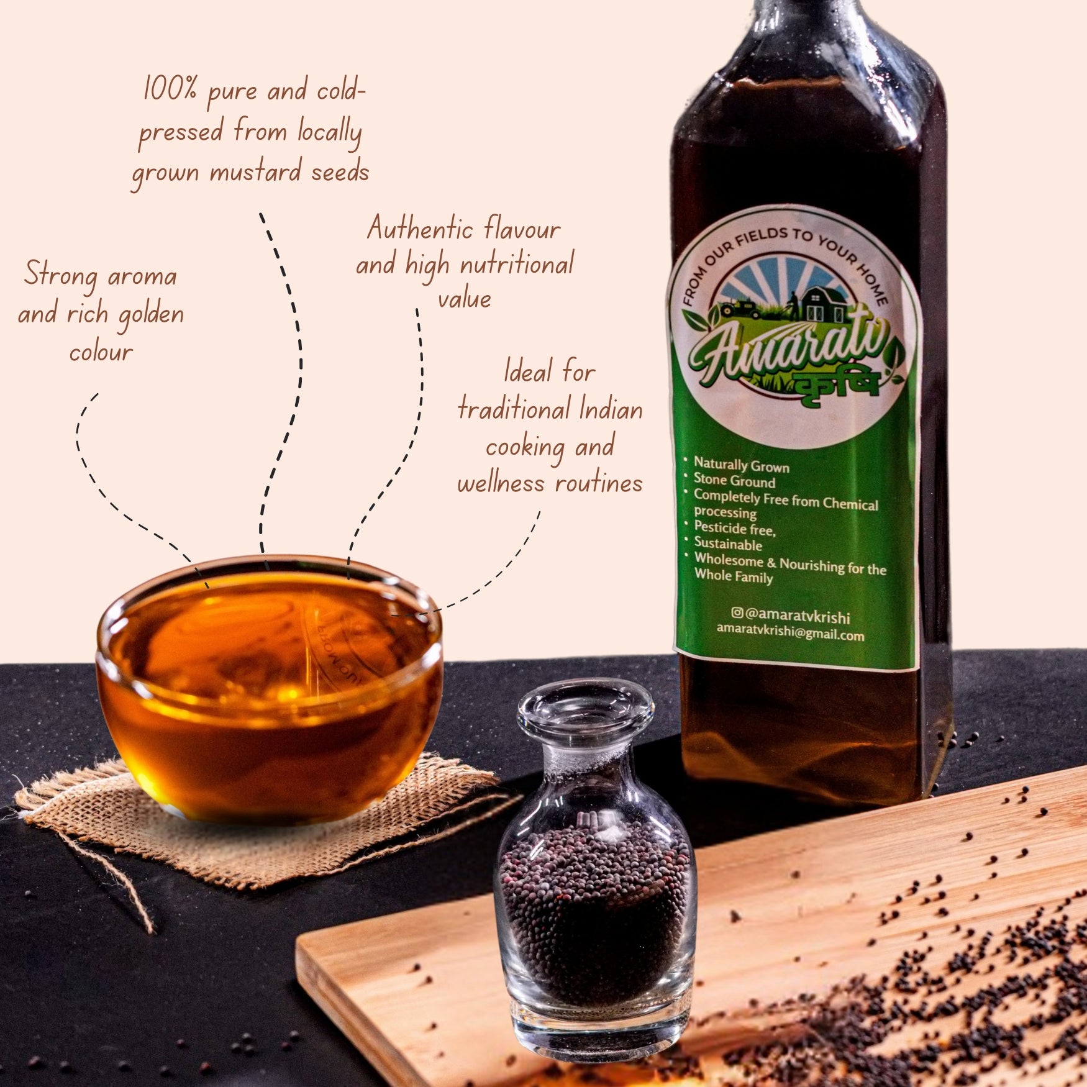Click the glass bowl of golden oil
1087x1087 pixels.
pyautogui.click(x=269, y=686)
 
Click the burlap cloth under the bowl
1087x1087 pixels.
pyautogui.click(x=261, y=820)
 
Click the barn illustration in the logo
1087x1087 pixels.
pyautogui.click(x=822, y=303)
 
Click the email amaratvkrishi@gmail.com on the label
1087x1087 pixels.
pyautogui.click(x=790, y=632)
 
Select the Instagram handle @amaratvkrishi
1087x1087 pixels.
pyautogui.click(x=790, y=615)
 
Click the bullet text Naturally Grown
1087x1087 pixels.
pyautogui.click(x=741, y=465)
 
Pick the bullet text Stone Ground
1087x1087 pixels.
pyautogui.click(x=734, y=481)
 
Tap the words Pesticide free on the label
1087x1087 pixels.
pyautogui.click(x=734, y=529)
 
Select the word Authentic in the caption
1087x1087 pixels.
pyautogui.click(x=420, y=229)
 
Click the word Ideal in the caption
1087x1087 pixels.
pyautogui.click(x=527, y=371)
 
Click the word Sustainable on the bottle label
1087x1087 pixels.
pyautogui.click(x=727, y=544)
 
